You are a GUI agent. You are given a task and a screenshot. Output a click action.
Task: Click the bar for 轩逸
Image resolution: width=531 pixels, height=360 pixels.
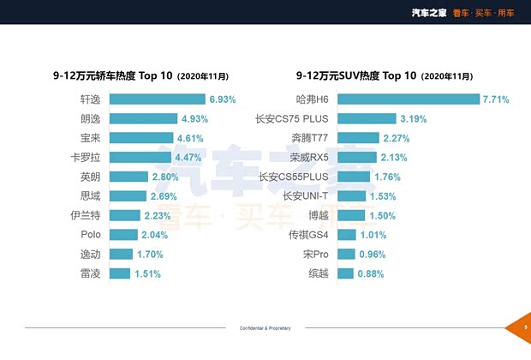click(158, 99)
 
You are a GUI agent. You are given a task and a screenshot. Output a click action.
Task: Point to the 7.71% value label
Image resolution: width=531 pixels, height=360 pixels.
click(496, 99)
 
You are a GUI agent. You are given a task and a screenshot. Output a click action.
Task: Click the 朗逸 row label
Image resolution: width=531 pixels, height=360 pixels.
click(90, 118)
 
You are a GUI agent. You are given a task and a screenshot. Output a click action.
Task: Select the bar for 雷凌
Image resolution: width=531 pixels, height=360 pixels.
click(120, 273)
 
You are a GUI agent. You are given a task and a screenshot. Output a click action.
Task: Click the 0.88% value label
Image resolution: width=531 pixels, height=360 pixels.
click(373, 273)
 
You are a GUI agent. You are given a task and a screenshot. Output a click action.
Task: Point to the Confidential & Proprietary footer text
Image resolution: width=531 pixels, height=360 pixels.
click(265, 328)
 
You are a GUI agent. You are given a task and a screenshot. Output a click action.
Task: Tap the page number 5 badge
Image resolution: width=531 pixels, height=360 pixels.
click(525, 327)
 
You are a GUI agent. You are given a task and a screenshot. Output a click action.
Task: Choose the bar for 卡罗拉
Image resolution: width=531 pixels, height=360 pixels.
click(141, 157)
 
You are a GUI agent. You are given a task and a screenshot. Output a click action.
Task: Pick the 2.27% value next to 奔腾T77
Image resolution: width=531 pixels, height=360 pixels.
click(397, 138)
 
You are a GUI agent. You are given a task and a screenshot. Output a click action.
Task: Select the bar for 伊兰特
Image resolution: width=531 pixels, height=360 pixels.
click(125, 215)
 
